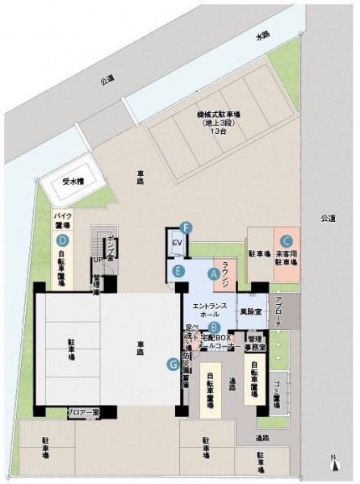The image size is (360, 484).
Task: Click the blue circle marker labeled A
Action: coord(213,273)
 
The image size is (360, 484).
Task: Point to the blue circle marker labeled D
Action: coord(61,240)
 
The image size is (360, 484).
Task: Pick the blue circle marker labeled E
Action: coord(179,271)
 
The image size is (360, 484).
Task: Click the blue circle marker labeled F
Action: coord(186,228)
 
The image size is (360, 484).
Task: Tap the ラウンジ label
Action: coord(228,273)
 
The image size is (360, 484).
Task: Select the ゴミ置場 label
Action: coord(277,394)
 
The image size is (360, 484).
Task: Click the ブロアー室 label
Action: coord(82,411)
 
